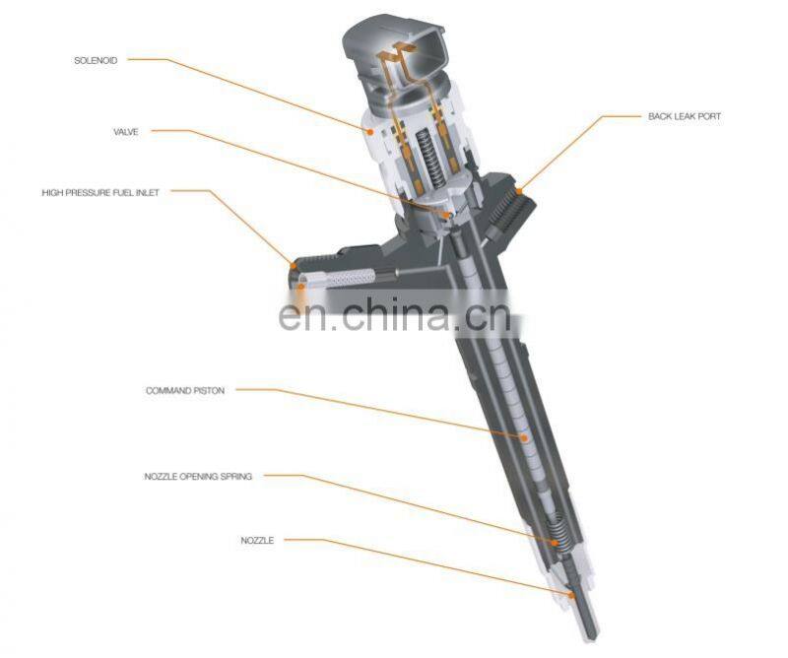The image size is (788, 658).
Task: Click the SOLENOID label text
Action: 96,61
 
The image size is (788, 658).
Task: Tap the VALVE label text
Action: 126,132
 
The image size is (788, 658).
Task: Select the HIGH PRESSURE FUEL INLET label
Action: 100,192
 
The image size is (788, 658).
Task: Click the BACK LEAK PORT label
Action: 685,116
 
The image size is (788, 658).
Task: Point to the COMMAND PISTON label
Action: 185,391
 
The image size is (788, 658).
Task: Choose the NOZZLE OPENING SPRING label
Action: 198,477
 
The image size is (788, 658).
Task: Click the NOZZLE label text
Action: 257,541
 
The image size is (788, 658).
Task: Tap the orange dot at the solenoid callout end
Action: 370,131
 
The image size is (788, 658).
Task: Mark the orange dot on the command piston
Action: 524,437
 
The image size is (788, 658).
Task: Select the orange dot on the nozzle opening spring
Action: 555,543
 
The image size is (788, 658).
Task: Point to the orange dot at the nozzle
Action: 571,595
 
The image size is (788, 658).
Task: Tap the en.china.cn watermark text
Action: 395,314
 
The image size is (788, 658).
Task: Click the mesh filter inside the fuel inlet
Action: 351,278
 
